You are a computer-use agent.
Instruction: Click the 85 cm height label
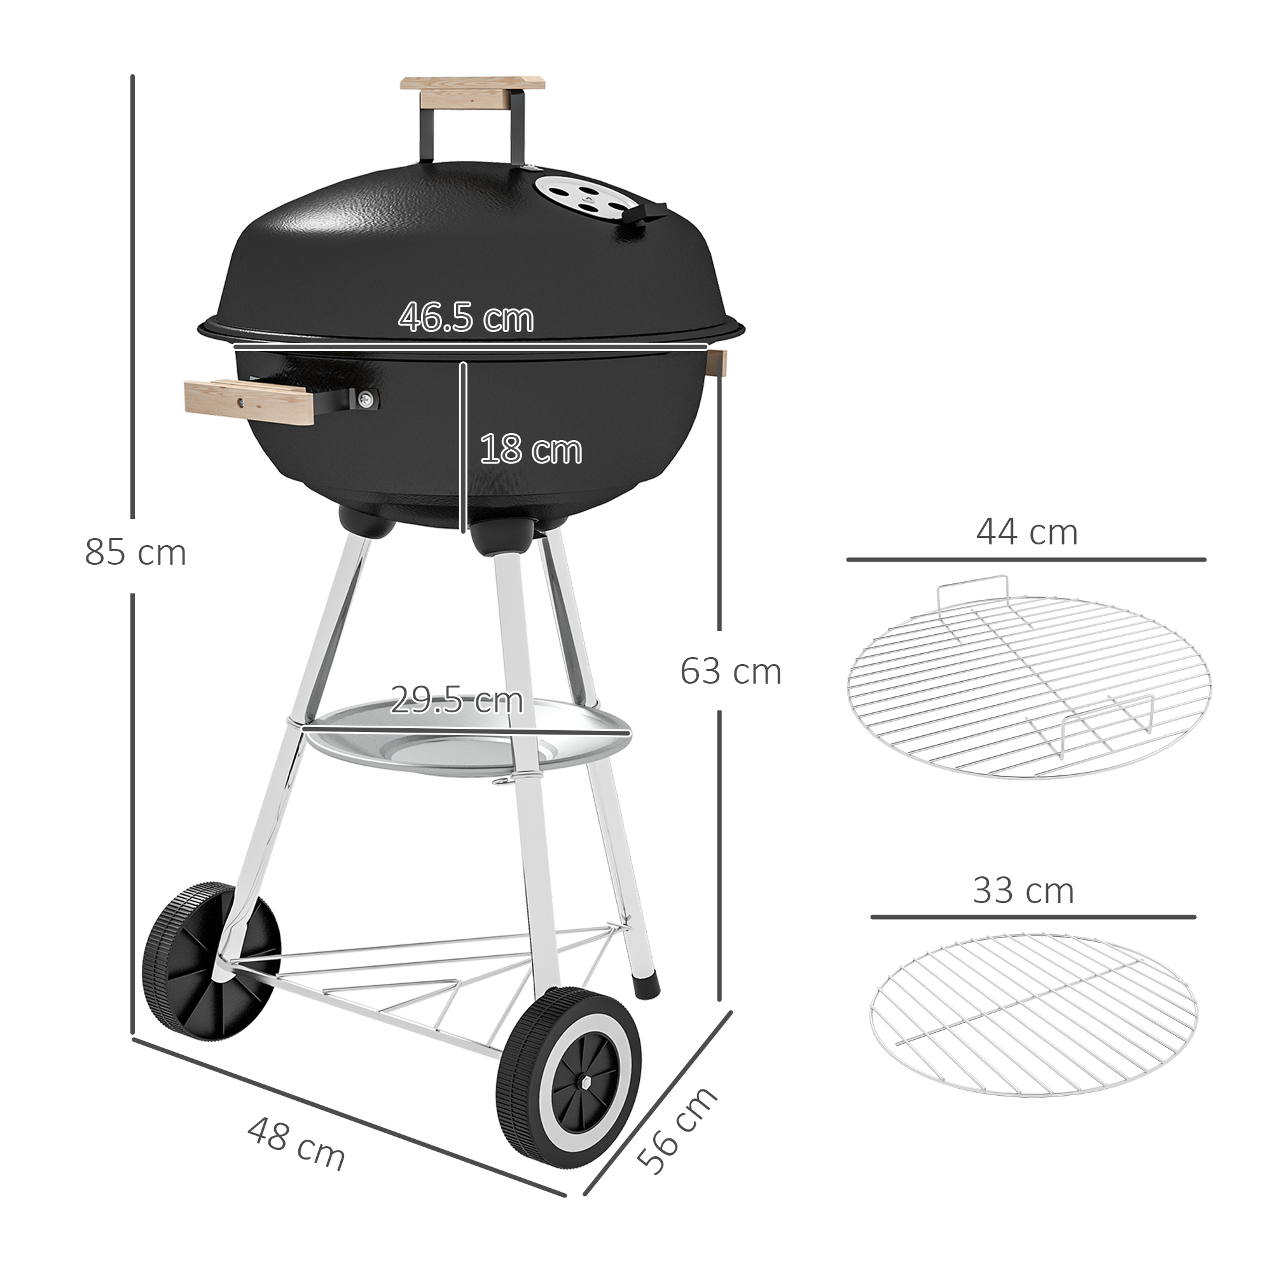point(135,553)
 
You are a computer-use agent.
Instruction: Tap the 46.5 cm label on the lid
point(466,317)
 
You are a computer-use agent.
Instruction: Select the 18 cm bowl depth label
point(530,450)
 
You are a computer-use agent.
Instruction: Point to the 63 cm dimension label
point(730,672)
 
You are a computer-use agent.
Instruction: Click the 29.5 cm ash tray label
point(456,700)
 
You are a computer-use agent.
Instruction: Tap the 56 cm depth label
point(676,1130)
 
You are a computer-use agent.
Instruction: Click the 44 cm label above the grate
point(1027,534)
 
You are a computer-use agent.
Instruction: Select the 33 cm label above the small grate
point(1023,891)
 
